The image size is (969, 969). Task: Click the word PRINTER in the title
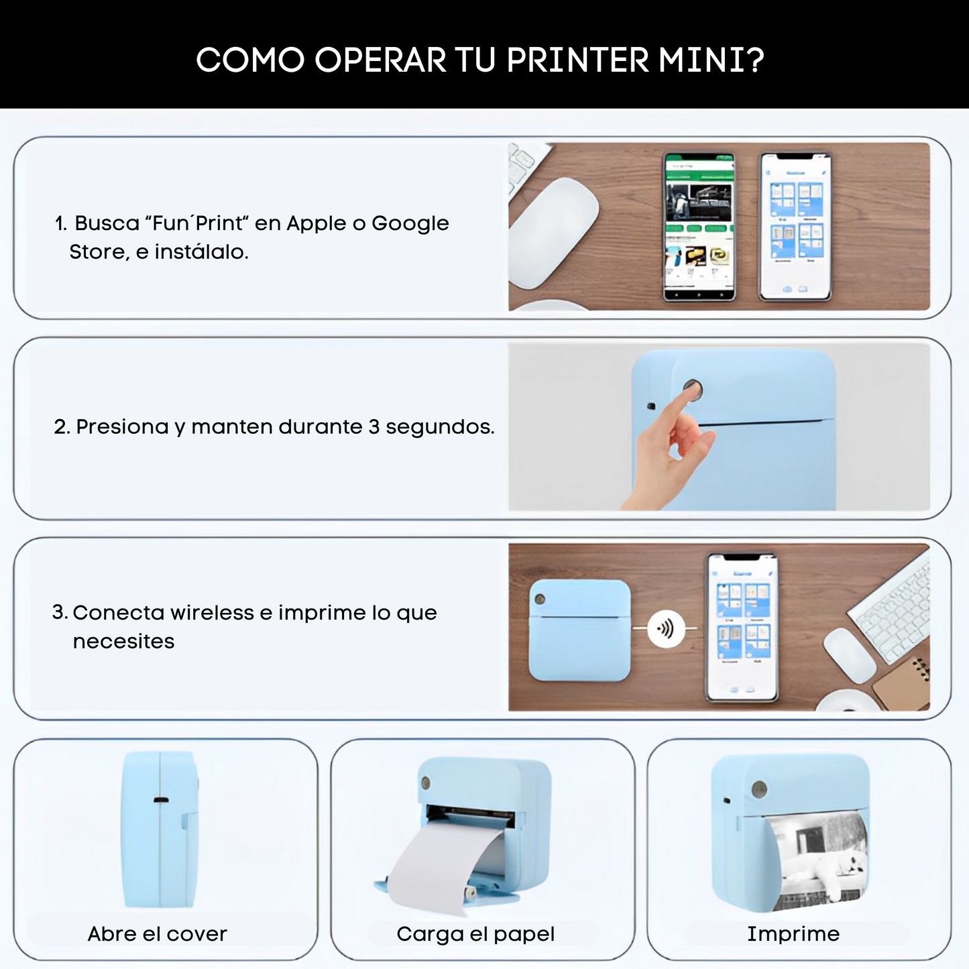click(x=577, y=60)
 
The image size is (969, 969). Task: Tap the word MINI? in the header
click(x=711, y=60)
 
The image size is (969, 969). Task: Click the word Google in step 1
click(x=410, y=223)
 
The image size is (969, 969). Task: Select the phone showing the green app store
click(x=699, y=226)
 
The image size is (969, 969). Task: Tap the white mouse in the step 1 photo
click(x=554, y=232)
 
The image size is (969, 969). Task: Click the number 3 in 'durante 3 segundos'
click(x=374, y=426)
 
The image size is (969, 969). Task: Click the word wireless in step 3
click(x=212, y=613)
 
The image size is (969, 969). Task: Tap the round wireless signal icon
click(x=665, y=628)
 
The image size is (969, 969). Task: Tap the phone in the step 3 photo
click(x=742, y=627)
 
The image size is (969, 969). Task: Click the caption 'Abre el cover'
click(x=158, y=933)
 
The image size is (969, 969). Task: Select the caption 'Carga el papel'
click(x=475, y=933)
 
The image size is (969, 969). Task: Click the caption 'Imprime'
click(x=793, y=933)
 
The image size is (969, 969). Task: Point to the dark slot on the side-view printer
click(x=161, y=799)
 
